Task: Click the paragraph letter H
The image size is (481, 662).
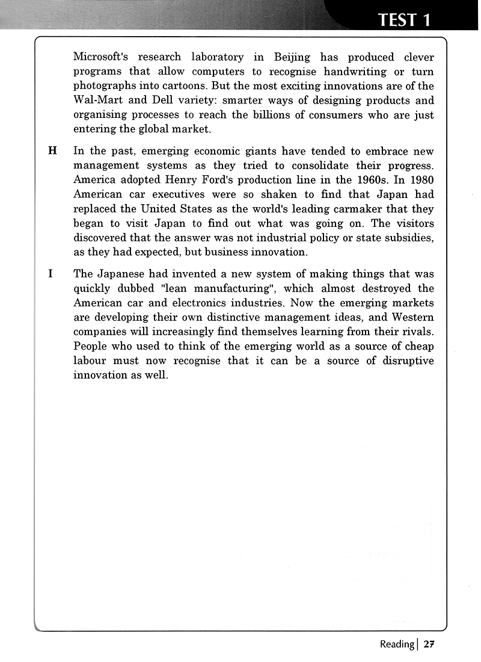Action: (x=52, y=151)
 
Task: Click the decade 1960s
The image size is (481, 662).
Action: (x=382, y=180)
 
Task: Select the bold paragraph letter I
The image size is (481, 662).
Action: (x=51, y=274)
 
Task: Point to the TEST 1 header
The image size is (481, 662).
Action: (x=404, y=20)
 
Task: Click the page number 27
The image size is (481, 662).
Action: (x=428, y=644)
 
